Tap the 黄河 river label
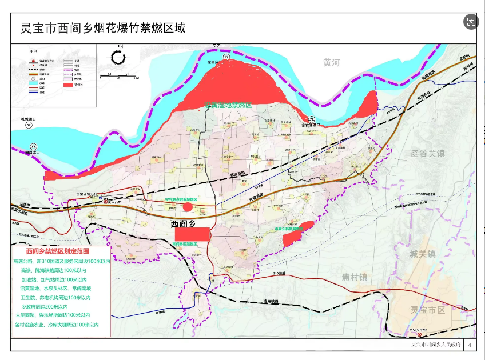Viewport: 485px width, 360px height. pos(331,63)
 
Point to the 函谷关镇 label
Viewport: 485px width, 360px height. pos(427,154)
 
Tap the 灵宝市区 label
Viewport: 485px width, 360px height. pos(427,310)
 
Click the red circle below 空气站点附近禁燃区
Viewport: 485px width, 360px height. pos(188,207)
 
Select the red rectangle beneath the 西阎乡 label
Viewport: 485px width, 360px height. pos(193,234)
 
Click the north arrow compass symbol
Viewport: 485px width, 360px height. pos(118,58)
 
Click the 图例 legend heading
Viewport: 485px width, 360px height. pos(34,51)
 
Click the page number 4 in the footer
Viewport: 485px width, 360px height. pos(470,345)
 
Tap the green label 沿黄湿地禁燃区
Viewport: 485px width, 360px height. pos(228,105)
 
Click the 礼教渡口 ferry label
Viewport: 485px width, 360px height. pos(29,119)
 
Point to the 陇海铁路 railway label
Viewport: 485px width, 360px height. pos(271,301)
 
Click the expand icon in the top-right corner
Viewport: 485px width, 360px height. pos(471,22)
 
